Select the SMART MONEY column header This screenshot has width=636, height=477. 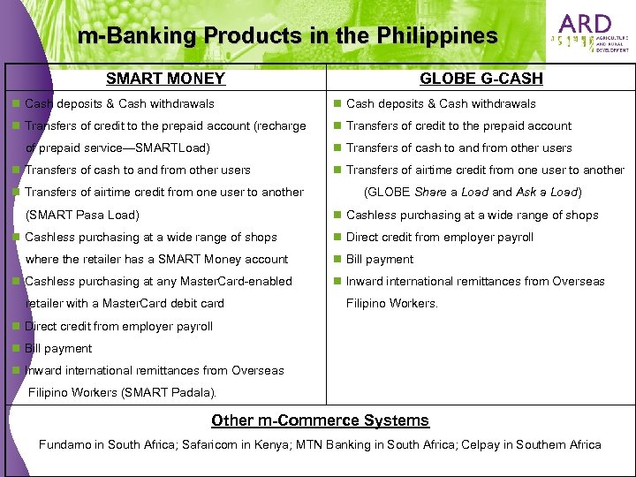[165, 79]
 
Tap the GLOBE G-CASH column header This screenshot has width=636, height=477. [481, 79]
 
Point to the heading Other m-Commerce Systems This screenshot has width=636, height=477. [320, 420]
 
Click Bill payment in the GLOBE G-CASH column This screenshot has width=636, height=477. [379, 259]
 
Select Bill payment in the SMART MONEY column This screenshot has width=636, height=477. [58, 348]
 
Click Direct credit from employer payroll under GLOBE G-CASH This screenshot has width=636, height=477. [439, 237]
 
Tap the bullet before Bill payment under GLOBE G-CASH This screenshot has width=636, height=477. [337, 259]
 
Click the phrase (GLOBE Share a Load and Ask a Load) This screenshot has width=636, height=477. [473, 192]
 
